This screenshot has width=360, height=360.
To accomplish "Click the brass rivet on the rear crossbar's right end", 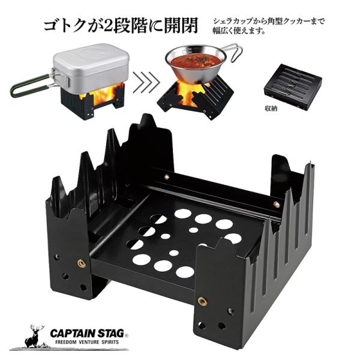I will coord(276,205).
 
